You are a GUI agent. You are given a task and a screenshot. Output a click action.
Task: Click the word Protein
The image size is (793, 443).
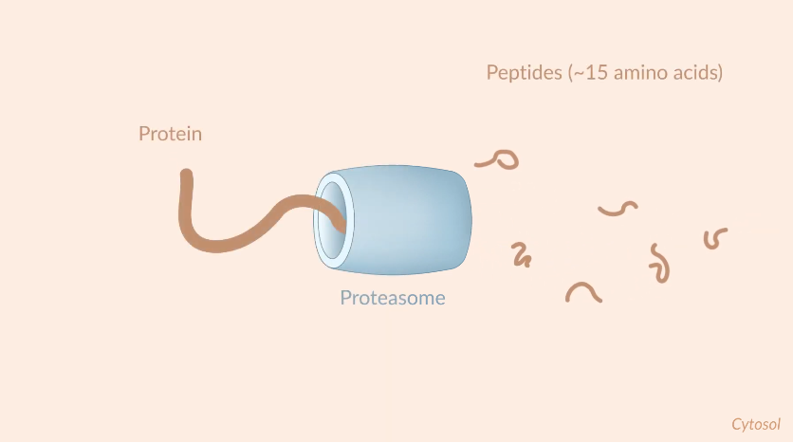click(170, 134)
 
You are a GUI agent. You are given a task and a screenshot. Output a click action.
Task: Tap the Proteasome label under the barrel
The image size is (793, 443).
click(393, 298)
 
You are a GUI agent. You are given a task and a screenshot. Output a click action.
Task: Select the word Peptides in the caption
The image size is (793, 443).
click(524, 73)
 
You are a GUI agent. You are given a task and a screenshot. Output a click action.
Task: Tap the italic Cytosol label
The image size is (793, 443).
click(755, 425)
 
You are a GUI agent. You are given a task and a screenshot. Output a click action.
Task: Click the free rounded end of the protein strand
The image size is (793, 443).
click(187, 175)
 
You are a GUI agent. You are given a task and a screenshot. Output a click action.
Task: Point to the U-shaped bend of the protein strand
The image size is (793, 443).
click(204, 242)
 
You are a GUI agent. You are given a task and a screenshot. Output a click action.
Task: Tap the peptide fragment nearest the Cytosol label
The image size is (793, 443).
click(715, 238)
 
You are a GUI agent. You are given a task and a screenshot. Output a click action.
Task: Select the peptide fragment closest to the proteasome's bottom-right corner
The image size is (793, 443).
click(520, 254)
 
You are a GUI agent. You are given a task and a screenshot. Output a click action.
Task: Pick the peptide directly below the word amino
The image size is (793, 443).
click(618, 208)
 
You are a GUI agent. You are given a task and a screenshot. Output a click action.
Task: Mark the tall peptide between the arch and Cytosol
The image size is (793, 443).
click(659, 263)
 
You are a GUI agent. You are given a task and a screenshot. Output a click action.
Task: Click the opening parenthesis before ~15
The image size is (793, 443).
click(570, 73)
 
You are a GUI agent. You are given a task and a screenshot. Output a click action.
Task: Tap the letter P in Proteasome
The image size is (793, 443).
click(345, 298)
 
